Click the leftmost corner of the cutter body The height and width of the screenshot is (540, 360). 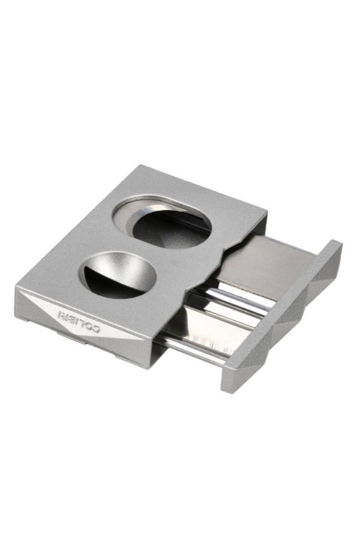17,289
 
